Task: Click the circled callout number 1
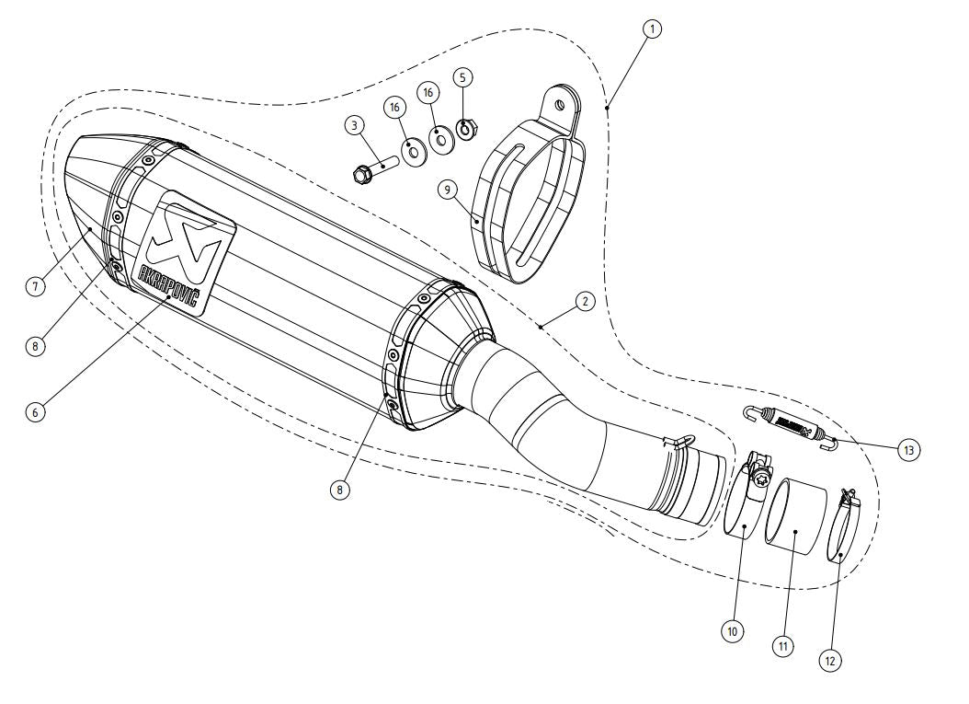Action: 652,29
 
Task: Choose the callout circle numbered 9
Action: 448,190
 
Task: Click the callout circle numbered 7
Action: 34,285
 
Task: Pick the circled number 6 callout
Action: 34,411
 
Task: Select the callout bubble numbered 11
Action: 782,646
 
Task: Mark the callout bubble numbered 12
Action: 830,659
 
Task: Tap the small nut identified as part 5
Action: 465,127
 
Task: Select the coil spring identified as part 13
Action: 791,427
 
